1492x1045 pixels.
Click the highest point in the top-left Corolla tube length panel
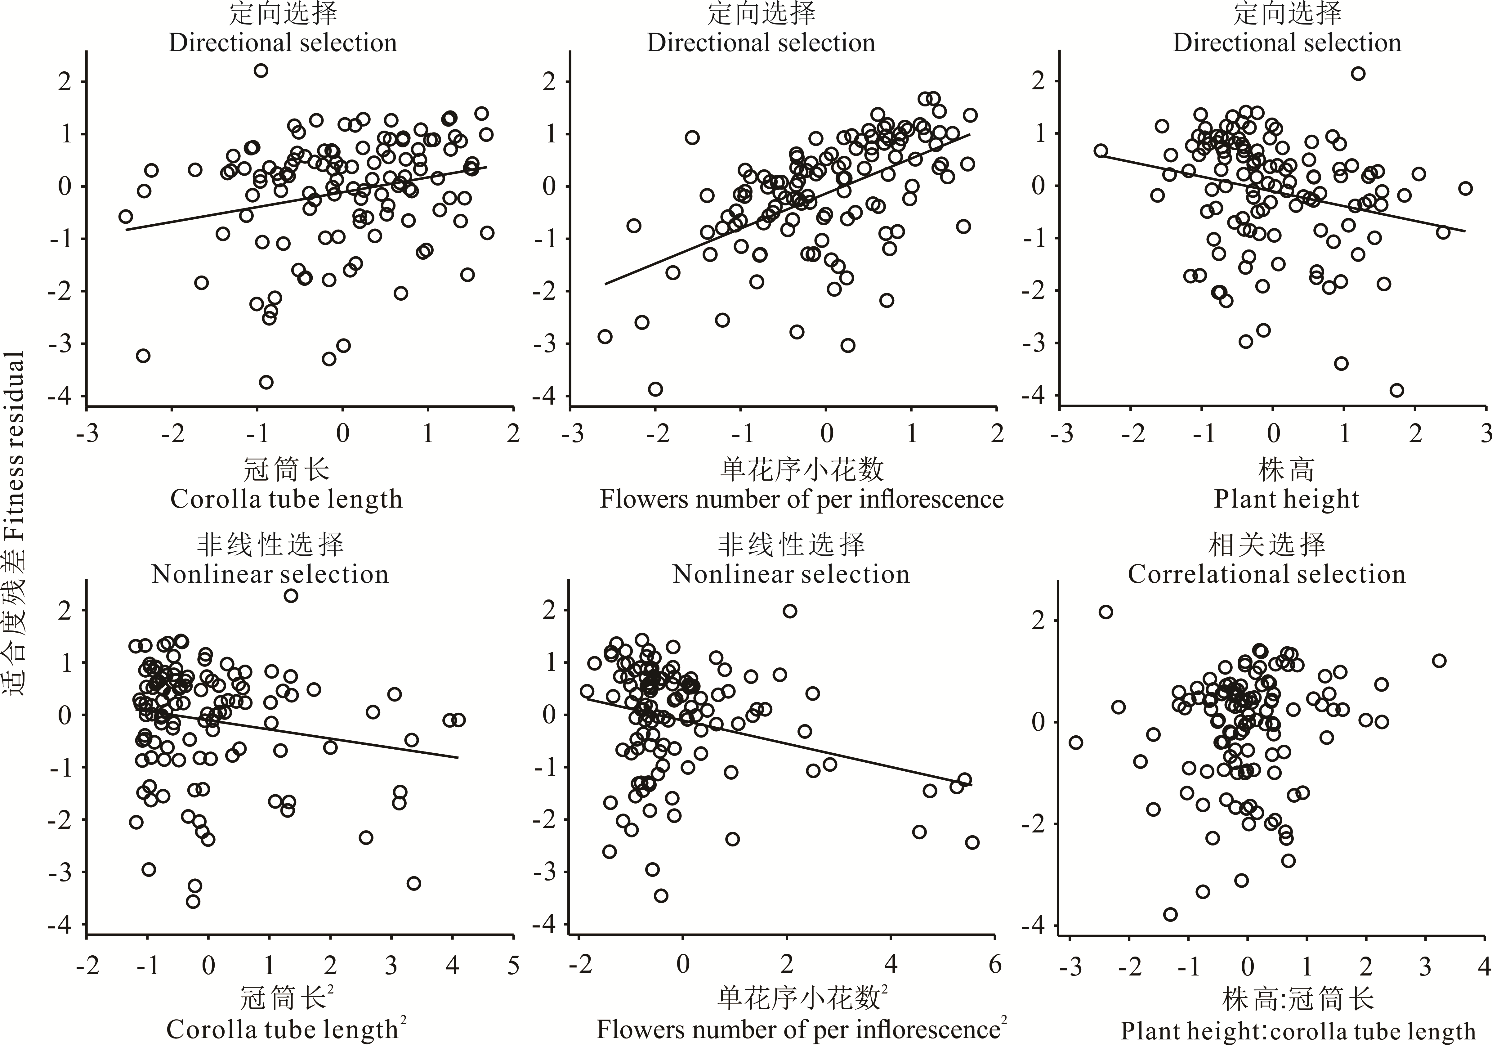[x=261, y=70]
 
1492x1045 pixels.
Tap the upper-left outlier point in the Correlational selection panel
[x=1106, y=612]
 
